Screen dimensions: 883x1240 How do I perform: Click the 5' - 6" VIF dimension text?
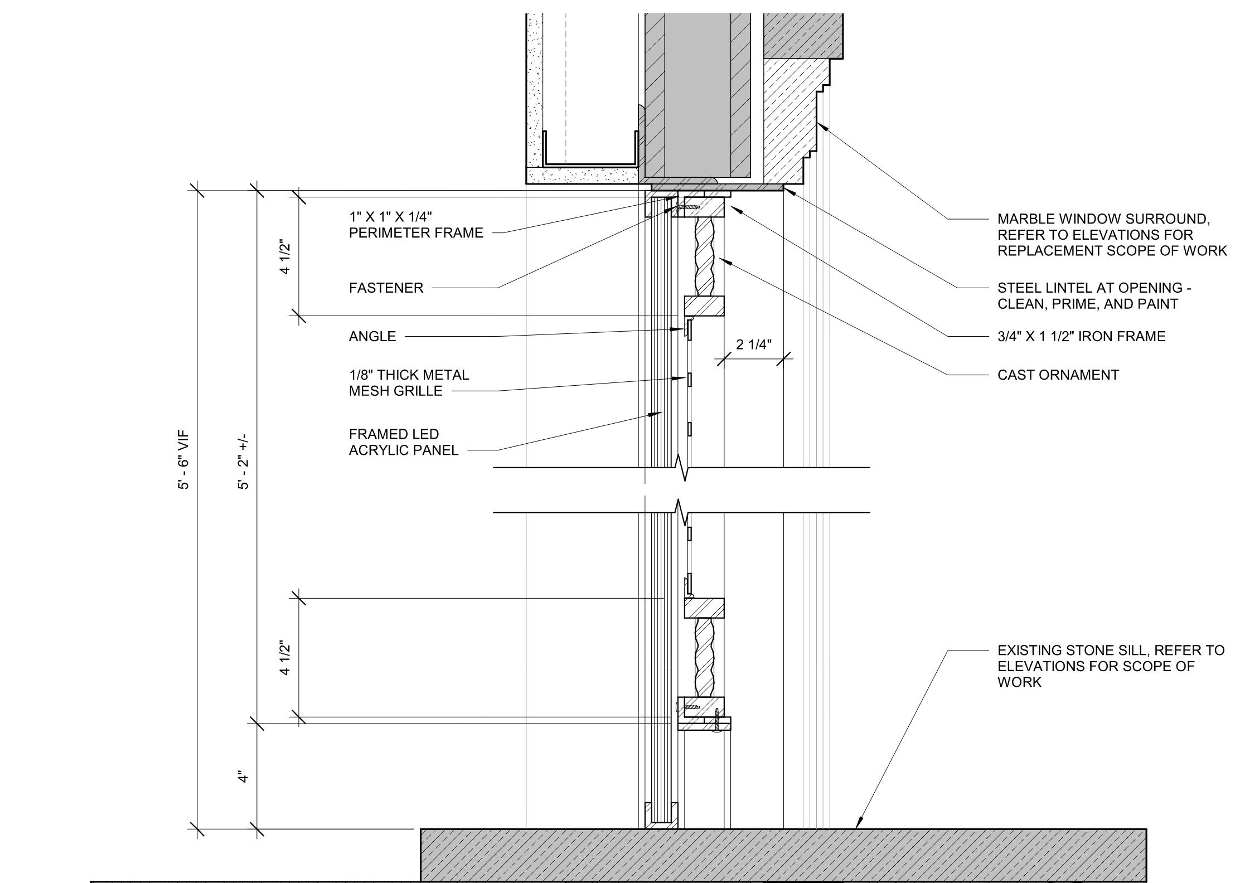coord(184,459)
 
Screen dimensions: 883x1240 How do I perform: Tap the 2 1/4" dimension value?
coord(754,345)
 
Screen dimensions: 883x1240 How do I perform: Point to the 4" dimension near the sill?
coord(243,777)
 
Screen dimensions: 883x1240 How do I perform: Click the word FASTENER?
coord(386,288)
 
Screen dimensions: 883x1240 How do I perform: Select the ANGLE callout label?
coord(372,337)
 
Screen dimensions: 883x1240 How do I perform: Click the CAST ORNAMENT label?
coord(1058,375)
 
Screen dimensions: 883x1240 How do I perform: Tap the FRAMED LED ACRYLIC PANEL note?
coord(404,442)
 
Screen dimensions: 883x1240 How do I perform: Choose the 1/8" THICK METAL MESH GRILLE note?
coord(409,383)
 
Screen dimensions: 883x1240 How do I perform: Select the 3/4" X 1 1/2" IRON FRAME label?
coord(1081,337)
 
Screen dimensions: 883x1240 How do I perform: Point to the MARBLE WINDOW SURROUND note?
coord(1112,235)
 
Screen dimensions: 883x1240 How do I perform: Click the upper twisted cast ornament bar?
coord(704,256)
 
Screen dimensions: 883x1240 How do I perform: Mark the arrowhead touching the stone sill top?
coord(858,824)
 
